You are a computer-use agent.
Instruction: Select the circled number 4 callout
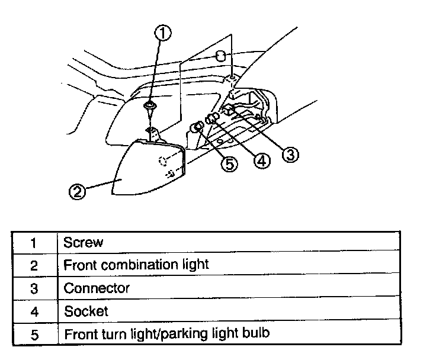(x=261, y=160)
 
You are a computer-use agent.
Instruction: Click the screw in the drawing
(x=151, y=108)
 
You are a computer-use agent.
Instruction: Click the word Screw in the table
(x=83, y=242)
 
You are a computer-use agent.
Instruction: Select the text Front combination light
(x=136, y=265)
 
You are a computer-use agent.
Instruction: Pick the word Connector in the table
(x=97, y=288)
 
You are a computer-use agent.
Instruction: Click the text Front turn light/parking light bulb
(x=166, y=333)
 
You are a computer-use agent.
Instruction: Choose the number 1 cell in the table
(x=34, y=243)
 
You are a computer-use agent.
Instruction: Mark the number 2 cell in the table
(x=34, y=265)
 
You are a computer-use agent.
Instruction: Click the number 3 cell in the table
(x=34, y=288)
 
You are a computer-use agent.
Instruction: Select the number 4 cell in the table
(x=34, y=311)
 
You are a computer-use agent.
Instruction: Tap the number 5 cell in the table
(x=34, y=334)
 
